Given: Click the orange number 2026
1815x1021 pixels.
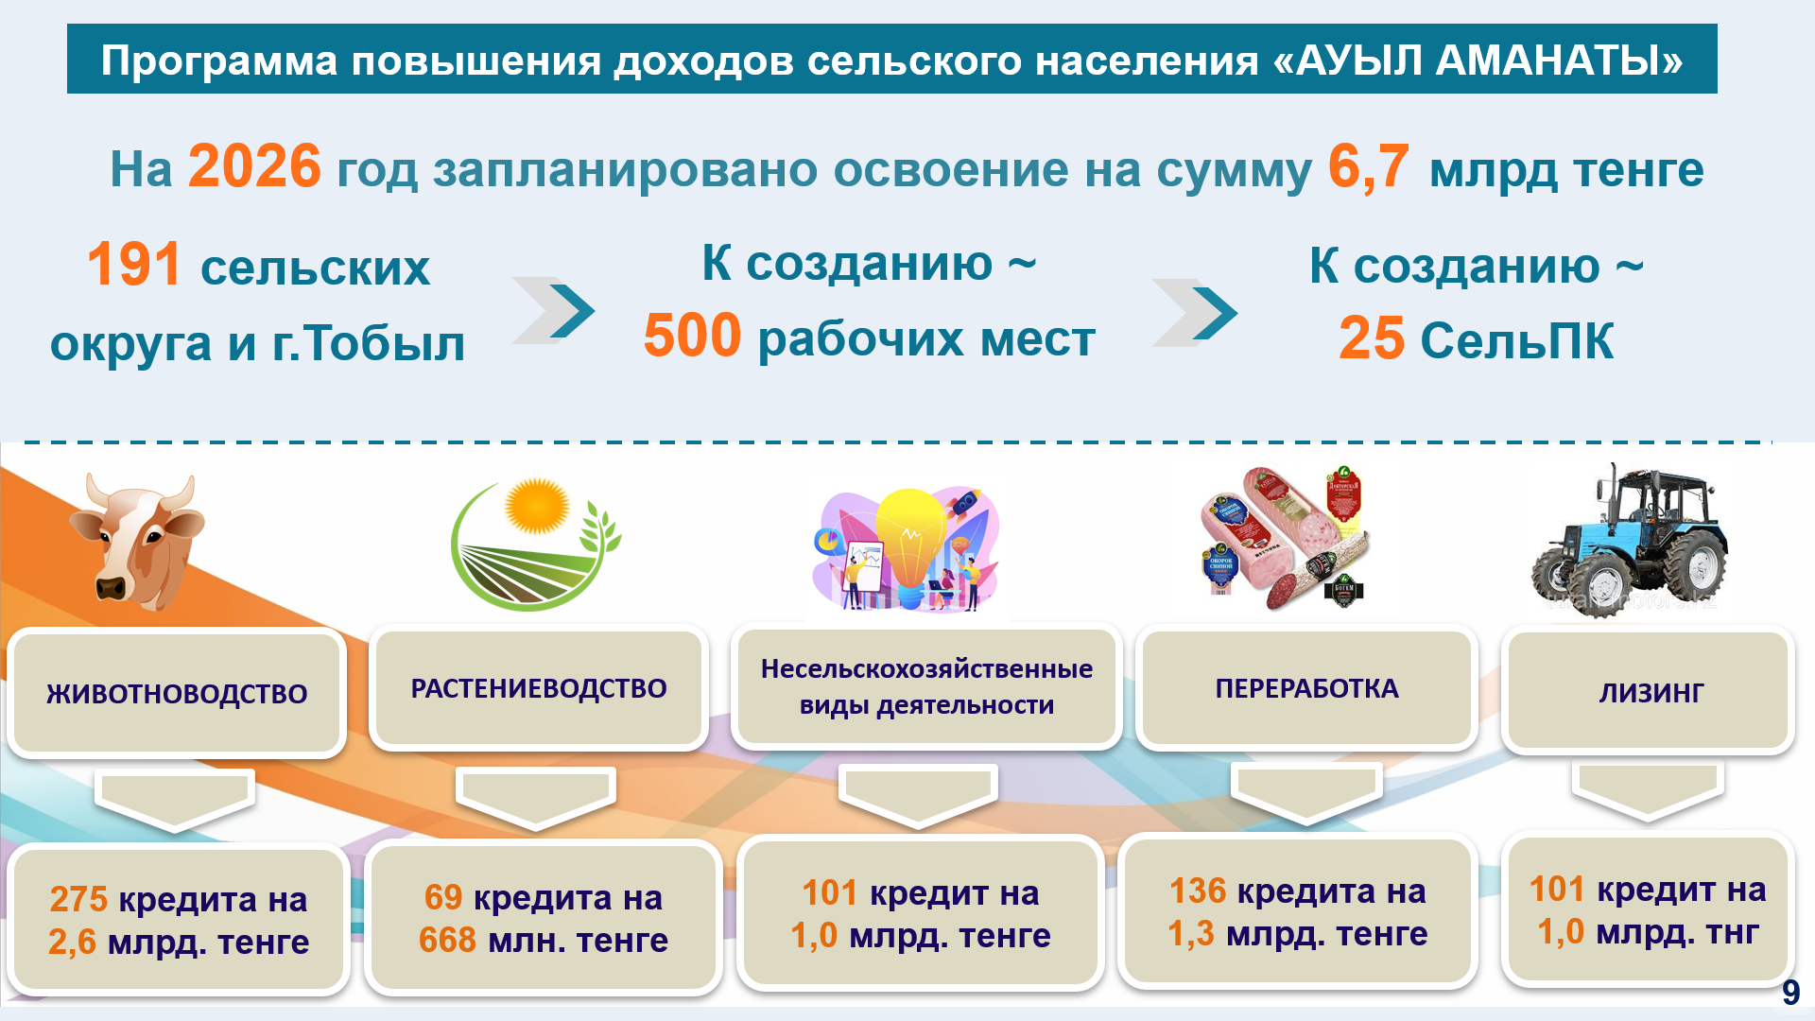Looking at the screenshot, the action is [254, 166].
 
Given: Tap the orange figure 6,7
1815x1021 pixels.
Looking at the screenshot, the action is [1368, 167].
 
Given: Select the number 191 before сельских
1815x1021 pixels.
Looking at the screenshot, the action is [133, 264].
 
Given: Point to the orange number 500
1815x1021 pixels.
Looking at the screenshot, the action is [692, 336].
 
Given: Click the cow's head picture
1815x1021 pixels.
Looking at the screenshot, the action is [139, 541].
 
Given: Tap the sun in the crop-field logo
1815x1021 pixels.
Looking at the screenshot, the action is [537, 506].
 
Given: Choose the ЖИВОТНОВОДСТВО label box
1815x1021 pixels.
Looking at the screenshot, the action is [177, 693].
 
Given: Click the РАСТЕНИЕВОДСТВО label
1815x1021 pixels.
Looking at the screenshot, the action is [539, 688].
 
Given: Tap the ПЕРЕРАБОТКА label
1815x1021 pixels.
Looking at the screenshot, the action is [1306, 688].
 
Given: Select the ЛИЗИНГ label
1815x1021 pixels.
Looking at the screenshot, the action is [1651, 693].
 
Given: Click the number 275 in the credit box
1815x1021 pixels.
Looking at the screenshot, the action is [78, 899].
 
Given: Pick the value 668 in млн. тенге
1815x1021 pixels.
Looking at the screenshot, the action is [447, 940].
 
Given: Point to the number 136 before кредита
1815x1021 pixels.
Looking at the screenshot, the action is [1198, 891].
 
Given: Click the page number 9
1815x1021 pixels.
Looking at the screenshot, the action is [1790, 992].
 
